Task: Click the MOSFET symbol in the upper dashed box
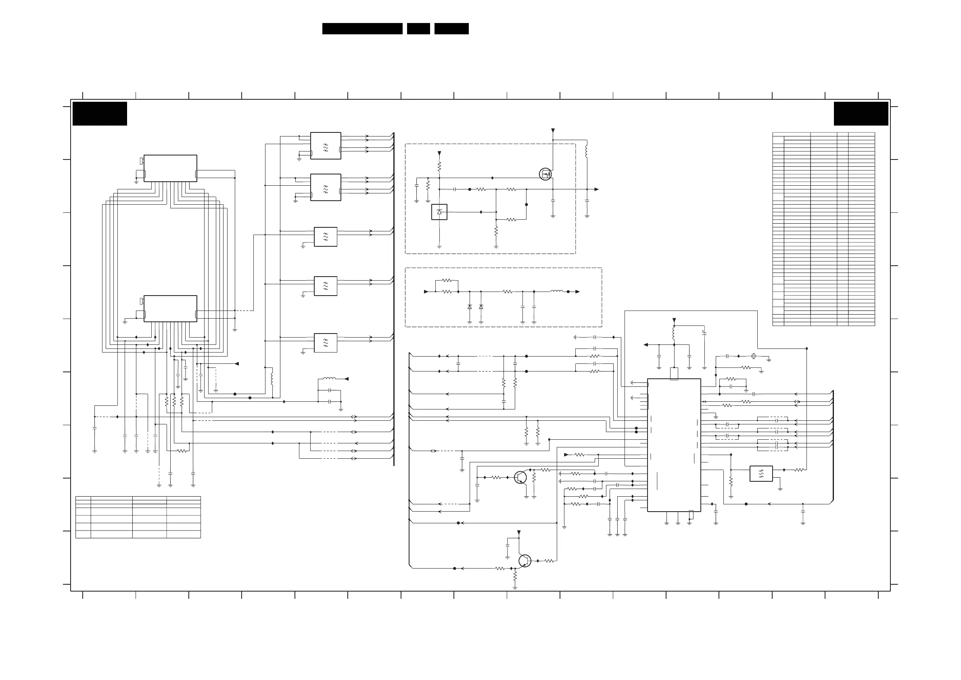click(545, 174)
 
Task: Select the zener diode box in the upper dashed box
click(439, 212)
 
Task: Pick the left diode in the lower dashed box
click(470, 307)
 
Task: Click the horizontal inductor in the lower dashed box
click(557, 291)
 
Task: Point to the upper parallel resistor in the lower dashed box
click(447, 280)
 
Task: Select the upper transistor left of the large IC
click(520, 477)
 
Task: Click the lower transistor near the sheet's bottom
click(524, 560)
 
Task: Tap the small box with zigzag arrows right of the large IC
click(761, 473)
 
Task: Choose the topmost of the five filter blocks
click(326, 146)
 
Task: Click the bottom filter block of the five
click(326, 343)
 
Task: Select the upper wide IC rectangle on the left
click(170, 168)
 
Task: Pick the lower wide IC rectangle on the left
click(170, 309)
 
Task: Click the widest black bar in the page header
click(362, 29)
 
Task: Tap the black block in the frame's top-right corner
click(861, 113)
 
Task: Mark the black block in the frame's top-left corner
click(100, 113)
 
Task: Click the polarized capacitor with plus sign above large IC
click(704, 333)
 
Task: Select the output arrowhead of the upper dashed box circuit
click(596, 189)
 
